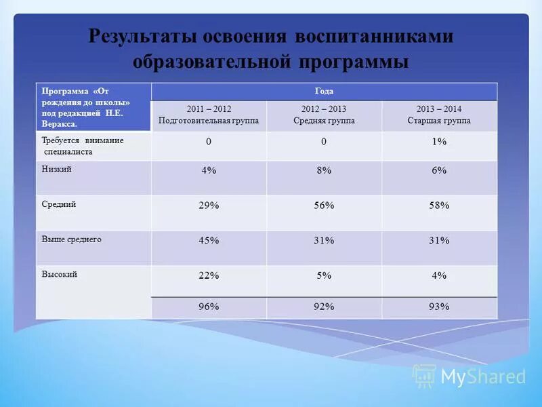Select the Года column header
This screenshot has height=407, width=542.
click(324, 91)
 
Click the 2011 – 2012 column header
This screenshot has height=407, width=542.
click(209, 115)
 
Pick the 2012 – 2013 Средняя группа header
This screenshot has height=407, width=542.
click(324, 115)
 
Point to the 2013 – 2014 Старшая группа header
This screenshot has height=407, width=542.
click(439, 115)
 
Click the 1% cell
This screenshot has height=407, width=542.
click(439, 142)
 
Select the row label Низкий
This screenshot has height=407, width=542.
click(57, 170)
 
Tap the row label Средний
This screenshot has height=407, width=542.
click(59, 203)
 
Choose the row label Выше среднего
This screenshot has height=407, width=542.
click(71, 239)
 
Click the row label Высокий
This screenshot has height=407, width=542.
click(60, 274)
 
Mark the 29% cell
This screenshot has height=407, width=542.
click(209, 205)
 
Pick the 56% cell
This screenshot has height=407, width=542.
click(324, 205)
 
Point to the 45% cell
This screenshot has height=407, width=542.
click(209, 240)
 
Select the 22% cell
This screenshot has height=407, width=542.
click(209, 275)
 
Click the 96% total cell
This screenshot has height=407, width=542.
click(209, 307)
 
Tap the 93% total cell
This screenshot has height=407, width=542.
click(439, 307)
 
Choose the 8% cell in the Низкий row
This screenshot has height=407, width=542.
click(324, 171)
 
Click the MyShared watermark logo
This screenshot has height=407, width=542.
click(470, 376)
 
